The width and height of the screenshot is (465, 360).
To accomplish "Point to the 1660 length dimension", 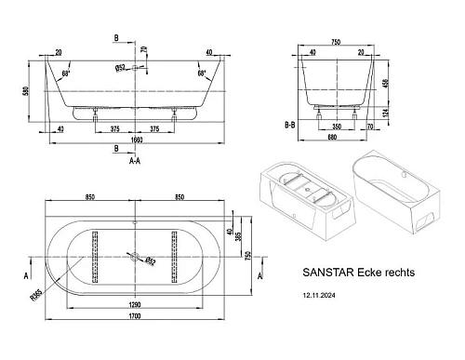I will tap(137, 140).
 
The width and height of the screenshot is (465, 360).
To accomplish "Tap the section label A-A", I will tap(136, 160).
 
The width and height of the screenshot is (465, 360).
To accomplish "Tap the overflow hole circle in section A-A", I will tap(136, 68).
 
